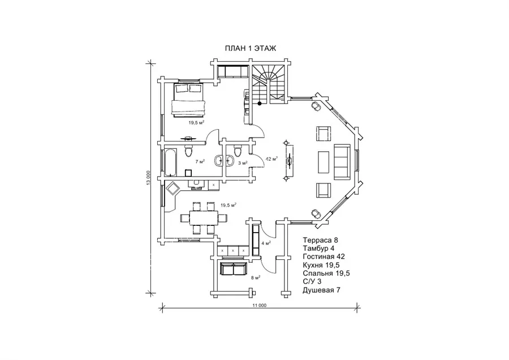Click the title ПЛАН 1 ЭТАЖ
pyautogui.click(x=251, y=49)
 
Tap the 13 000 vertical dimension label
pyautogui.click(x=148, y=178)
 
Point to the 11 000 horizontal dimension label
pyautogui.click(x=260, y=306)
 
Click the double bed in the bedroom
pyautogui.click(x=188, y=100)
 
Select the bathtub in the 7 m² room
pyautogui.click(x=171, y=162)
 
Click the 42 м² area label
pyautogui.click(x=271, y=159)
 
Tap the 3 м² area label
pyautogui.click(x=243, y=163)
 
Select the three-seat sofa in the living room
pyautogui.click(x=342, y=161)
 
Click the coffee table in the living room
pyautogui.click(x=323, y=162)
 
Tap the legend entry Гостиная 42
pyautogui.click(x=324, y=256)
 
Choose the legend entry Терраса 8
pyautogui.click(x=321, y=240)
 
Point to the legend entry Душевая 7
pyautogui.click(x=321, y=290)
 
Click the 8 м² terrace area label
pyautogui.click(x=256, y=277)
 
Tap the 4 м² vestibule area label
pyautogui.click(x=266, y=243)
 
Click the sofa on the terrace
pyautogui.click(x=234, y=269)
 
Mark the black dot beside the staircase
pyautogui.click(x=260, y=104)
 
